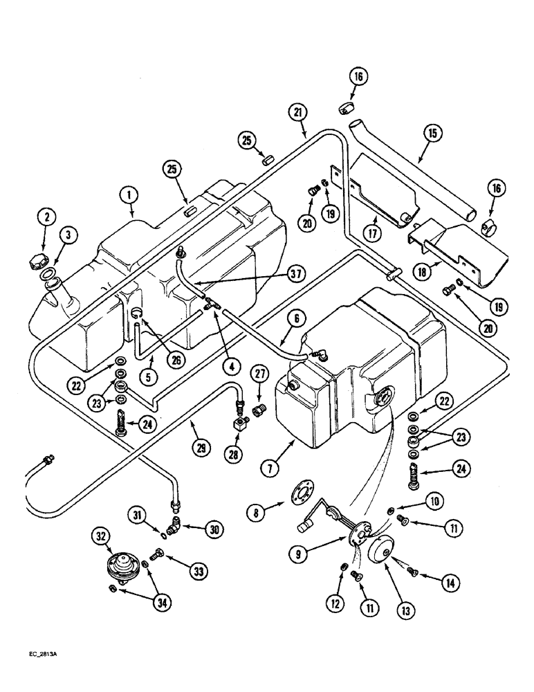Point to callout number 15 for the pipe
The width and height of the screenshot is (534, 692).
tap(421, 133)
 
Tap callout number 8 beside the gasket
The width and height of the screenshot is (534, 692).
tap(257, 513)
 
